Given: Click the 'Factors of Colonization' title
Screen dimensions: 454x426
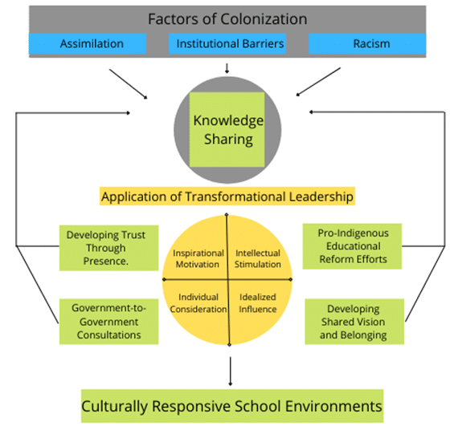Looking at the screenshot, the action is coord(227,19).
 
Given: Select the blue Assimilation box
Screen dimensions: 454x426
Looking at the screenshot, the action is coord(88,43).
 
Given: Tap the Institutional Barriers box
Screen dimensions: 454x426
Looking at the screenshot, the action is coord(227,43).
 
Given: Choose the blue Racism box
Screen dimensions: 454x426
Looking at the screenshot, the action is coord(367,43).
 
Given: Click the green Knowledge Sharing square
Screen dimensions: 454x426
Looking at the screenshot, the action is coord(227,129).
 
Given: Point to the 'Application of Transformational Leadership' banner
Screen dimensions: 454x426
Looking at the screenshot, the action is coord(227,197).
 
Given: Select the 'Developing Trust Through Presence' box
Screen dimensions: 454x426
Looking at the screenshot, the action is coord(108,248).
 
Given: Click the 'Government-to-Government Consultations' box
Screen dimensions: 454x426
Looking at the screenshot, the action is coord(108,322).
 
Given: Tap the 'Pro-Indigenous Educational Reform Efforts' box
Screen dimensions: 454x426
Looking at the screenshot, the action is coord(353,246).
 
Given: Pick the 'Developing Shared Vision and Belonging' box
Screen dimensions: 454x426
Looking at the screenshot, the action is coord(354,322).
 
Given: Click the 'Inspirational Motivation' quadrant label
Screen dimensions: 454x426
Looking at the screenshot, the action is coord(198,258).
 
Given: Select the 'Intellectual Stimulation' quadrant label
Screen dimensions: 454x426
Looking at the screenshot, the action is coord(258,258).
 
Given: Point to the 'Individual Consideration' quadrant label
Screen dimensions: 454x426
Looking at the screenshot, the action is coord(198,303).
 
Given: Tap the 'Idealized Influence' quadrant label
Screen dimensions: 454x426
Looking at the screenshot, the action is coord(258,303).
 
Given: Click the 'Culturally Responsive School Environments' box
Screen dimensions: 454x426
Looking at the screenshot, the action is coord(232,406).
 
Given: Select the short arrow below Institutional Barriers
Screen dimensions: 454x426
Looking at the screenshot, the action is coord(227,68).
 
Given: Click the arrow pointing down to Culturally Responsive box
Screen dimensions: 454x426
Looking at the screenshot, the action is coord(230,371).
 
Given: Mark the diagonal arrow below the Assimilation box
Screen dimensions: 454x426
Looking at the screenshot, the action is coord(129,83).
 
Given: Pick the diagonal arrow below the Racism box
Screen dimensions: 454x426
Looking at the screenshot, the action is coord(318,82).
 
